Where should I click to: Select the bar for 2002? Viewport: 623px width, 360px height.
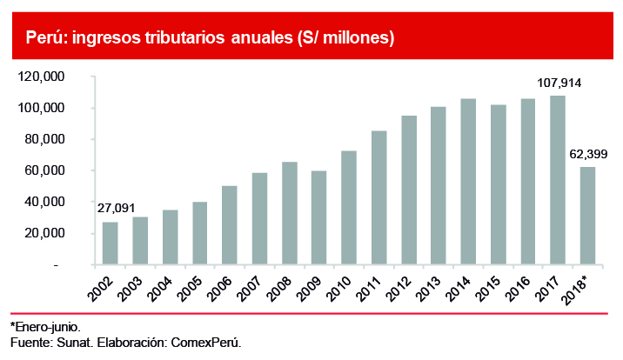click(111, 243)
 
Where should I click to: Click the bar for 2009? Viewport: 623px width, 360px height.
click(319, 217)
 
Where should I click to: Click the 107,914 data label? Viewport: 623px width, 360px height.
click(558, 83)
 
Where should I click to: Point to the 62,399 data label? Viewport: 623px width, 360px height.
click(587, 154)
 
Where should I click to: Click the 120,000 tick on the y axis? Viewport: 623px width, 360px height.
click(42, 77)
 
